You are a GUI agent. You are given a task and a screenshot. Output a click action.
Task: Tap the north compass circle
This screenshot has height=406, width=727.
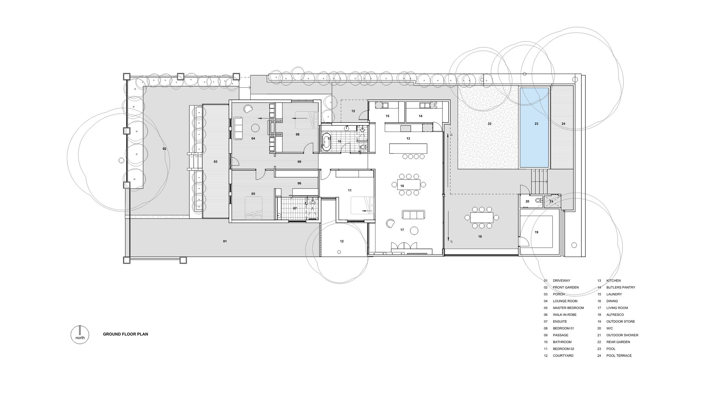click(80, 335)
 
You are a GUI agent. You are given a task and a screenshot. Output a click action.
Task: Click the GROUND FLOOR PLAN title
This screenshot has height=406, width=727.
click(125, 334)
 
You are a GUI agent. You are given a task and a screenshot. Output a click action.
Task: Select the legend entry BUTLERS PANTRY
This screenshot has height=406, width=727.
click(621, 288)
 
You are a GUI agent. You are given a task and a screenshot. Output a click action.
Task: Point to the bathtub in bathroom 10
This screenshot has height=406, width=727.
click(326, 141)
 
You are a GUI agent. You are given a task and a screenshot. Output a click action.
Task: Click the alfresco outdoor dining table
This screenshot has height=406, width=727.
click(482, 218)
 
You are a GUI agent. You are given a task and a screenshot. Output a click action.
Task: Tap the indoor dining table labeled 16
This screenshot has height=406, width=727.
click(409, 185)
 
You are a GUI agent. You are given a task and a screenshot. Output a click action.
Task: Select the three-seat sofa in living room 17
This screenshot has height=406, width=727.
click(413, 215)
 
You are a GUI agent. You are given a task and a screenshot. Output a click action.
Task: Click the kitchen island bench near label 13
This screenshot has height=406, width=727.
click(408, 149)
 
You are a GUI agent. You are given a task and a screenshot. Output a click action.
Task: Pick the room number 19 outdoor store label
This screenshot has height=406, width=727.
click(536, 232)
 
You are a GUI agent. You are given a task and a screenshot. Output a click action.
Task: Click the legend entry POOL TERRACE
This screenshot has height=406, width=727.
click(619, 356)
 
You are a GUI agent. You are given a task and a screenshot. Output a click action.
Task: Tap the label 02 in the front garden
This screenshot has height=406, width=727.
click(164, 149)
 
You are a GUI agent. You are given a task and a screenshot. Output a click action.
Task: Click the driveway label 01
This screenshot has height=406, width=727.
click(224, 241)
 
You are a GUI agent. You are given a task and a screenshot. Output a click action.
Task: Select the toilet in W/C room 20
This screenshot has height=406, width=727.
click(539, 200)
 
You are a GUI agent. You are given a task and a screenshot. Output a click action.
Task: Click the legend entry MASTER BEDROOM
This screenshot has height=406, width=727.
click(568, 308)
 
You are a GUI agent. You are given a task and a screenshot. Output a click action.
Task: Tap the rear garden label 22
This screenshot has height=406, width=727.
click(489, 124)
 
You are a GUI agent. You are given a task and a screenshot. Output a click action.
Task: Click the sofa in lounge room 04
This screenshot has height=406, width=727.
click(238, 128)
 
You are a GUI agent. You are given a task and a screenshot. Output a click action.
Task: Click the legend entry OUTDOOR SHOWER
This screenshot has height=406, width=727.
click(622, 335)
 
